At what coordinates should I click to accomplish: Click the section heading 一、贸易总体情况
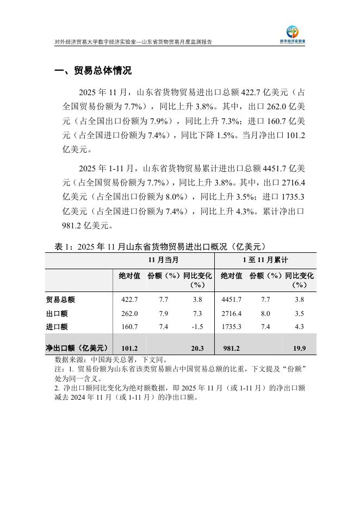[94, 71]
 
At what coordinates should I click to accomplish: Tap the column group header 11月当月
[164, 260]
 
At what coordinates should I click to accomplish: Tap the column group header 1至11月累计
[265, 260]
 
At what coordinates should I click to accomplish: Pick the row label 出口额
[57, 313]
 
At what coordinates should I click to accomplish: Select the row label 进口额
[57, 327]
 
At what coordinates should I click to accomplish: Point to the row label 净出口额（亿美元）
[77, 348]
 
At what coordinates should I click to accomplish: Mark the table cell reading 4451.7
[231, 299]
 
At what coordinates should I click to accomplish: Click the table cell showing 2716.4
[231, 313]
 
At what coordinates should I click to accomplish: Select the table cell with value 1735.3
[231, 327]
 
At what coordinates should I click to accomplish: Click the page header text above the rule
[133, 41]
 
